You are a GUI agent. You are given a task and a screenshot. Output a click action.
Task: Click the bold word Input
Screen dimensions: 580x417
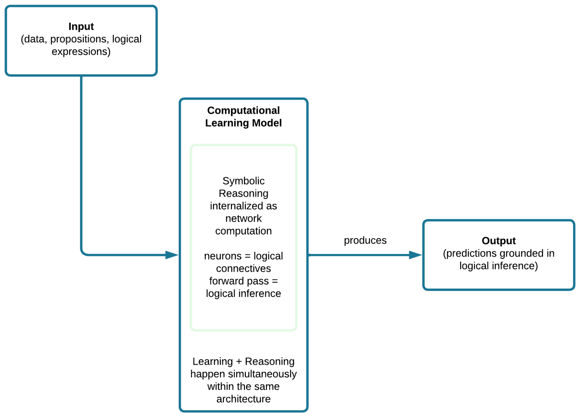(x=81, y=27)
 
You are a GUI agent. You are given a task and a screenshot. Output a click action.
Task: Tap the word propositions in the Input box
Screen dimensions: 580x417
(x=78, y=39)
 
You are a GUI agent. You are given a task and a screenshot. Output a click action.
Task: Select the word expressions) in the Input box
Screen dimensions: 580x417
(x=81, y=52)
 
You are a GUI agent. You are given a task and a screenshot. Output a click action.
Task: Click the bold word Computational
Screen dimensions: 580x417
(x=243, y=111)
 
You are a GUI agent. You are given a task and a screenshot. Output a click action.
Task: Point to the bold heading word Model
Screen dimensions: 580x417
(x=267, y=123)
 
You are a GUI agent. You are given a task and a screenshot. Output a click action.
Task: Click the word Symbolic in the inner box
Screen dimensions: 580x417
(x=243, y=181)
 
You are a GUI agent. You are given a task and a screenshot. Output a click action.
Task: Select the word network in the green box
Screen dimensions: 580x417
(x=243, y=218)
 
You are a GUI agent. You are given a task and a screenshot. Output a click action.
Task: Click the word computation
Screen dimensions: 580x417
(x=243, y=231)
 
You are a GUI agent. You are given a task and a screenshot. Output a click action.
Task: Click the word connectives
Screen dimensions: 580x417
(x=243, y=268)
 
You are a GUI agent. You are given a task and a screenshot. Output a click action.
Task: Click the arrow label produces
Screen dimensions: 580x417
(x=365, y=241)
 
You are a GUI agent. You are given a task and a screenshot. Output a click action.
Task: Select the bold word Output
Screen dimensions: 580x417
(x=499, y=241)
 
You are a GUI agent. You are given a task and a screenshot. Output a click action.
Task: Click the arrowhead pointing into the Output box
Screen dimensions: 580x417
(x=415, y=255)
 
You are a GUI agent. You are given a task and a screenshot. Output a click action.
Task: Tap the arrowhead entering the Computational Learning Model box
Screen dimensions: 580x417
(x=172, y=255)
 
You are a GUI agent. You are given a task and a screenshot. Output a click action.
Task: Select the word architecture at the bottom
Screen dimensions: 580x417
(x=243, y=399)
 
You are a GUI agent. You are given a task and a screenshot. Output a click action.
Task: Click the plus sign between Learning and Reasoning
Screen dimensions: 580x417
(x=239, y=362)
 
